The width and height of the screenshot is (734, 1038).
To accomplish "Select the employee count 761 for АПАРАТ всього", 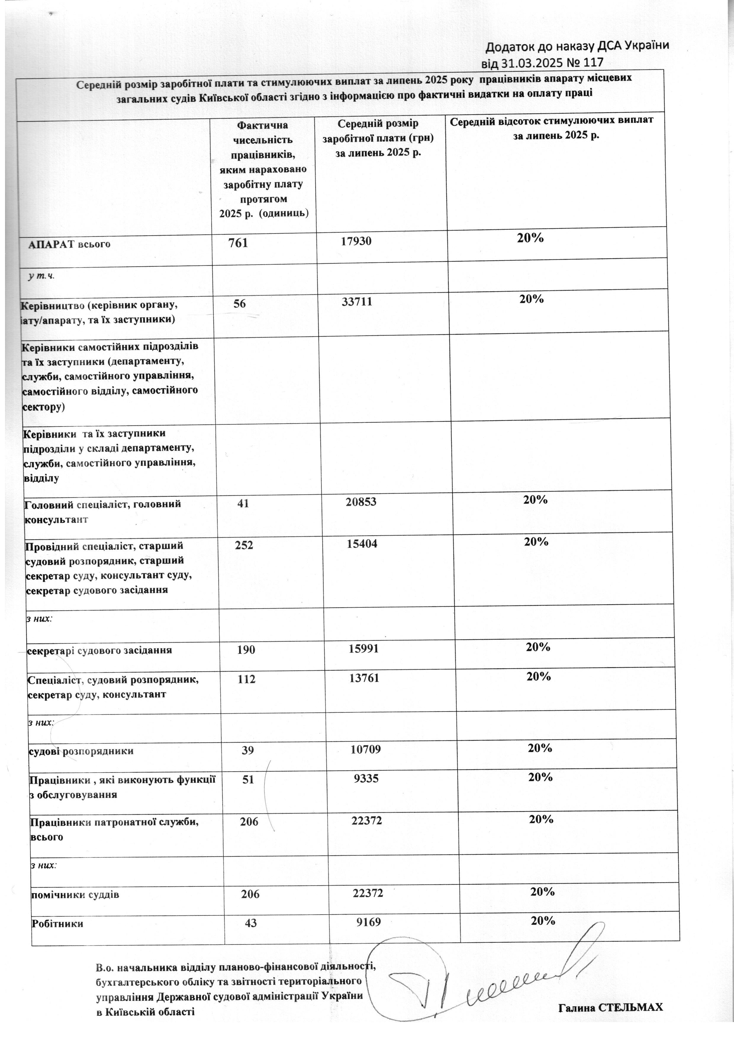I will coord(238,243).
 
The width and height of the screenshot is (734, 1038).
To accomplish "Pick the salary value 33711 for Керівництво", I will coord(357,302).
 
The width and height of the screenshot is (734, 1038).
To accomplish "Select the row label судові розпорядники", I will coord(81,751).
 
